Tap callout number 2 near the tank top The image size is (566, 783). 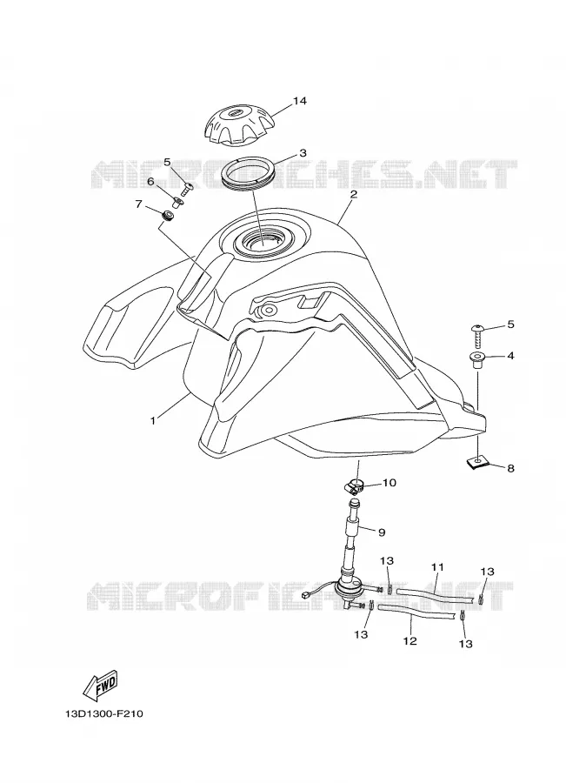pyautogui.click(x=353, y=194)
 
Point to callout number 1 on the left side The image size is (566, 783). pyautogui.click(x=153, y=420)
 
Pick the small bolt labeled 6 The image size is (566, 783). pyautogui.click(x=177, y=202)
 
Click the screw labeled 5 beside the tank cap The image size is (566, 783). pyautogui.click(x=188, y=189)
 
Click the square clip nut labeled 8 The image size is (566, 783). pyautogui.click(x=477, y=464)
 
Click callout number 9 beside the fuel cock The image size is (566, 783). pyautogui.click(x=382, y=532)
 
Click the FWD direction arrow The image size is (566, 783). pyautogui.click(x=100, y=684)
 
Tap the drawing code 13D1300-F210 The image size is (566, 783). pyautogui.click(x=103, y=714)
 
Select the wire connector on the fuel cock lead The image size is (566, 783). pyautogui.click(x=306, y=595)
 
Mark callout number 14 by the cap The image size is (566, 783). pyautogui.click(x=299, y=102)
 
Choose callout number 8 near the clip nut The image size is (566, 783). pyautogui.click(x=510, y=468)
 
